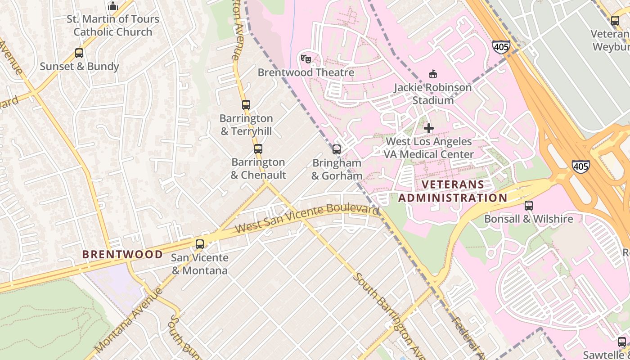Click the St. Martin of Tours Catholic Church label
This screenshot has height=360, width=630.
[x=113, y=26]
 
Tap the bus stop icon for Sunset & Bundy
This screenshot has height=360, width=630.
[x=79, y=53]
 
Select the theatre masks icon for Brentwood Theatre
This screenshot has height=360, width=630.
[x=306, y=58]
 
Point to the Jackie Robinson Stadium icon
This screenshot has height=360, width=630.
[x=433, y=74]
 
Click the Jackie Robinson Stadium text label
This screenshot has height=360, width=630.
[x=433, y=94]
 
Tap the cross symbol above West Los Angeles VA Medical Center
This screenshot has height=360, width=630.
[x=429, y=128]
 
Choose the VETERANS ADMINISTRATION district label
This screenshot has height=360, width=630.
[x=453, y=191]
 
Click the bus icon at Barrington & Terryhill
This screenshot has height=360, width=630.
[x=246, y=105]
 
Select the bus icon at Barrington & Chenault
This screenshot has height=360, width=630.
[x=258, y=149]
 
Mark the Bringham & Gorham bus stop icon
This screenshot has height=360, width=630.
[x=337, y=149]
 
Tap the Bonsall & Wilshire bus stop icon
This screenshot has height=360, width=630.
[x=529, y=206]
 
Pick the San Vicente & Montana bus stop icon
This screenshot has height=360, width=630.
[x=200, y=244]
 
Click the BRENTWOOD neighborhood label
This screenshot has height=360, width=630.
[x=122, y=254]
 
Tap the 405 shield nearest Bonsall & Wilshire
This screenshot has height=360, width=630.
[x=581, y=166]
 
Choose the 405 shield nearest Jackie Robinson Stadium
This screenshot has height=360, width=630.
[x=501, y=47]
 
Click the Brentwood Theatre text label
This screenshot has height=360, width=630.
[x=306, y=72]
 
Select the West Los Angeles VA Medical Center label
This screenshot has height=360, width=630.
[x=428, y=148]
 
